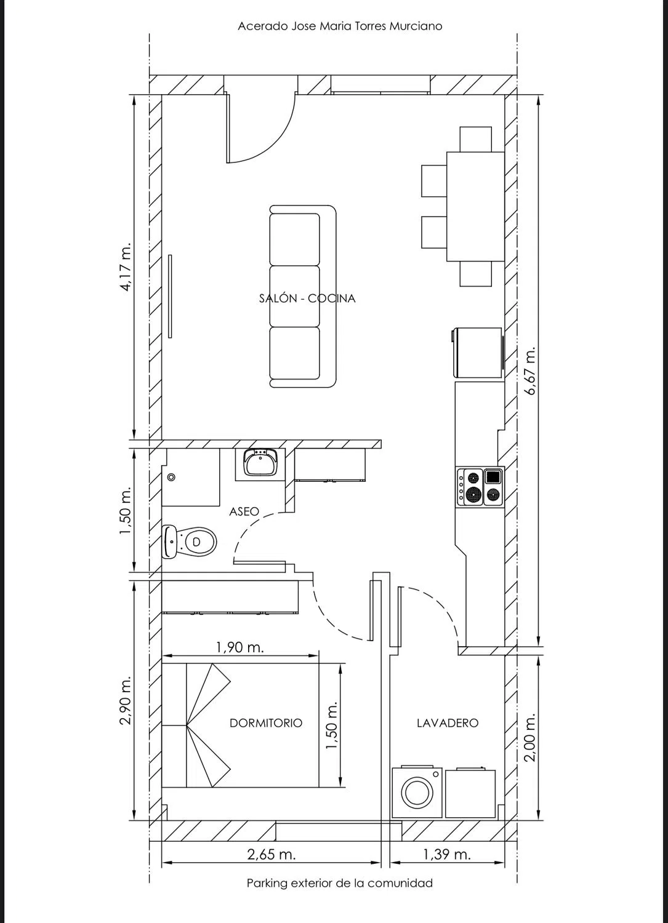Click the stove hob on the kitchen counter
[480, 487]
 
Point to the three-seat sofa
[303, 297]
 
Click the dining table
[476, 206]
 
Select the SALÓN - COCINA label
[307, 298]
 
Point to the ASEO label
[244, 511]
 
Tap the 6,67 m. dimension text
[531, 370]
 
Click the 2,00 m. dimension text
[531, 737]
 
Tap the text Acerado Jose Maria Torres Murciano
[340, 26]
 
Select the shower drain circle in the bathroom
[172, 477]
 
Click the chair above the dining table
[476, 139]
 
